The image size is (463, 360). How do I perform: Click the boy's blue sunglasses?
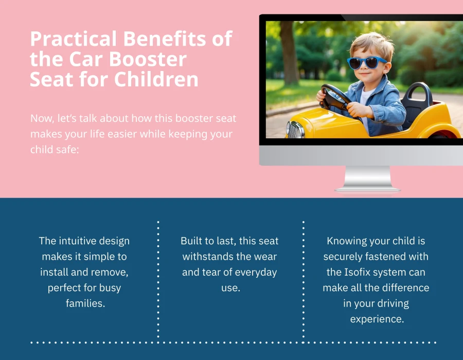[367, 62]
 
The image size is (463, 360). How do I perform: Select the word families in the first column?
[85, 303]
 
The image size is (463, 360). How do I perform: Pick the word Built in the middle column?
[191, 241]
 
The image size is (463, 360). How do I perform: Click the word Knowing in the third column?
[346, 241]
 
